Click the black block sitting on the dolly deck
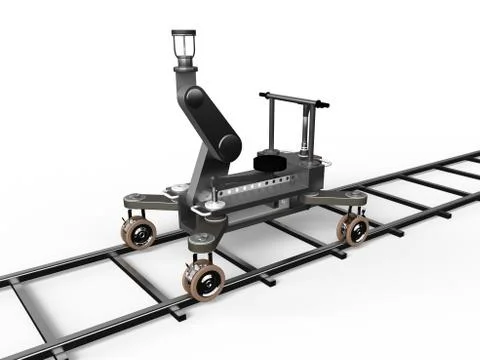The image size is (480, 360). click(270, 161)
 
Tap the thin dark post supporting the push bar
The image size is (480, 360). click(270, 125)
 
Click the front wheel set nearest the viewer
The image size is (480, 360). click(204, 279)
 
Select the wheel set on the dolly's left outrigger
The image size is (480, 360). click(137, 233)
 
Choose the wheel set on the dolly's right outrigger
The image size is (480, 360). click(352, 228)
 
